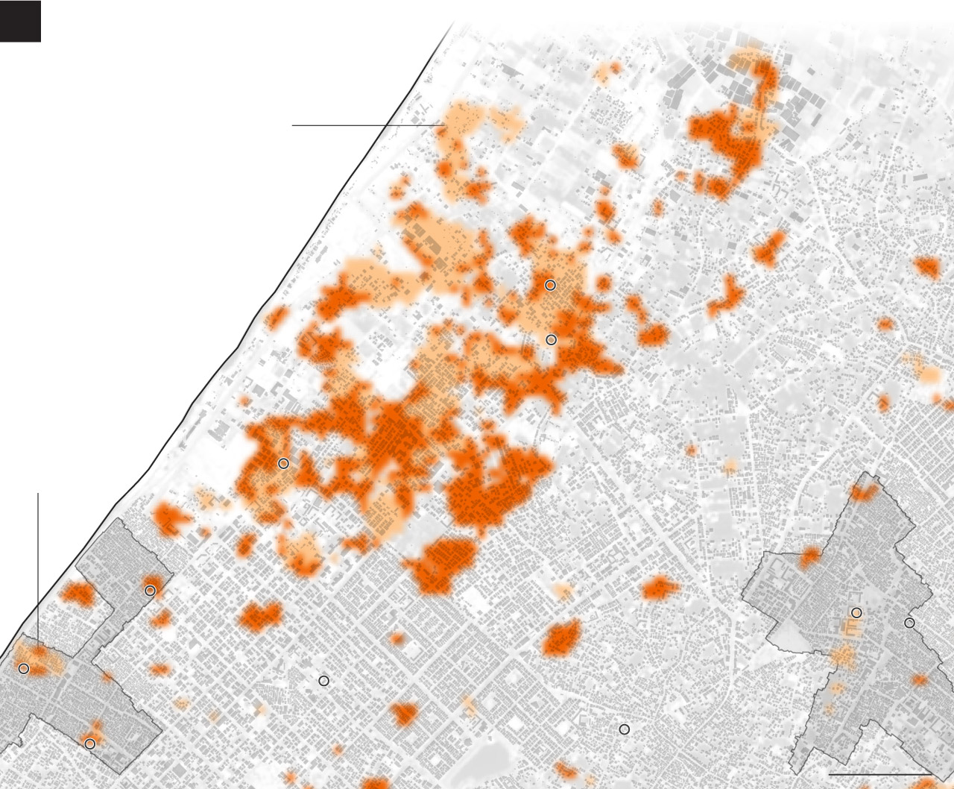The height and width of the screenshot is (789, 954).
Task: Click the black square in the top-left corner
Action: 20,21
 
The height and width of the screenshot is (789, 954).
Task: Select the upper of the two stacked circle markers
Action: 550,285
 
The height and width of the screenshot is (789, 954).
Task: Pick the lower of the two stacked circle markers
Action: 551,340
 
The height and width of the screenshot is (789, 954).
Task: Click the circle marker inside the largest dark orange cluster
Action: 283,464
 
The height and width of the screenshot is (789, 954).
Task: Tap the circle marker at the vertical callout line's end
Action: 24,669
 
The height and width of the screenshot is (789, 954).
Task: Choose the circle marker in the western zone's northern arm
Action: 150,591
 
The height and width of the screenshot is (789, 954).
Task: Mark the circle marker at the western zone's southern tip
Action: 89,744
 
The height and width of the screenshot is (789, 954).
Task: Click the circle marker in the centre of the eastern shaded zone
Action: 856,613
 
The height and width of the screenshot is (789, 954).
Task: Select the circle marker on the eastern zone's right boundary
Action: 909,623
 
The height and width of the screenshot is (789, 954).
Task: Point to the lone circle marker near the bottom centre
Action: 624,729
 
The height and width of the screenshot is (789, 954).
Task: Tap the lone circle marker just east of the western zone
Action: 323,681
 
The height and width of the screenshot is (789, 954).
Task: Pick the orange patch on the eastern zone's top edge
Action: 865,493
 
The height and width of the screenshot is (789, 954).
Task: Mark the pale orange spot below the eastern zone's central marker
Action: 844,656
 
